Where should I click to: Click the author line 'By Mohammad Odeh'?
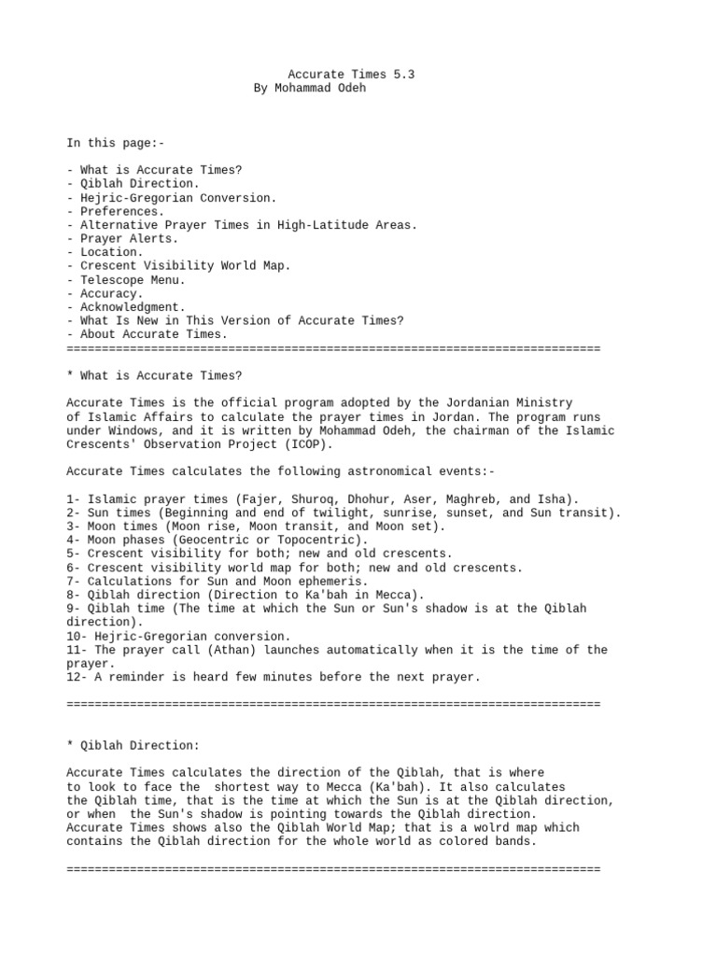click(x=316, y=88)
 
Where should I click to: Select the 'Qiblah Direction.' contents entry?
click(x=139, y=184)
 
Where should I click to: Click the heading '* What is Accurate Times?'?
click(x=154, y=375)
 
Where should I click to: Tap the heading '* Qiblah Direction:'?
click(x=133, y=746)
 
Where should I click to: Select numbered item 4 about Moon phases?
click(x=217, y=540)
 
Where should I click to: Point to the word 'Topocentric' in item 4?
click(x=322, y=540)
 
